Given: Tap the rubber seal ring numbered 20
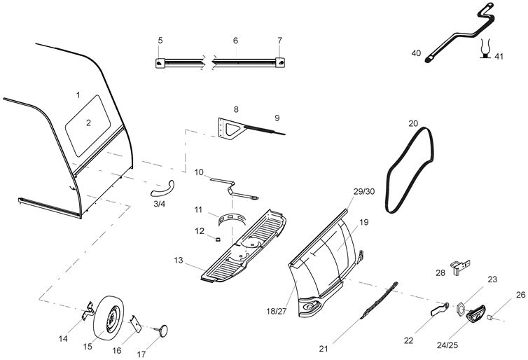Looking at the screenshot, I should (410, 168).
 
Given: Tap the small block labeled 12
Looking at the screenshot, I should (218, 238).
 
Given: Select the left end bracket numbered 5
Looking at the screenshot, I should (161, 63).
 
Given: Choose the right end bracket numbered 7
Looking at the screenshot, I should (280, 62).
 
